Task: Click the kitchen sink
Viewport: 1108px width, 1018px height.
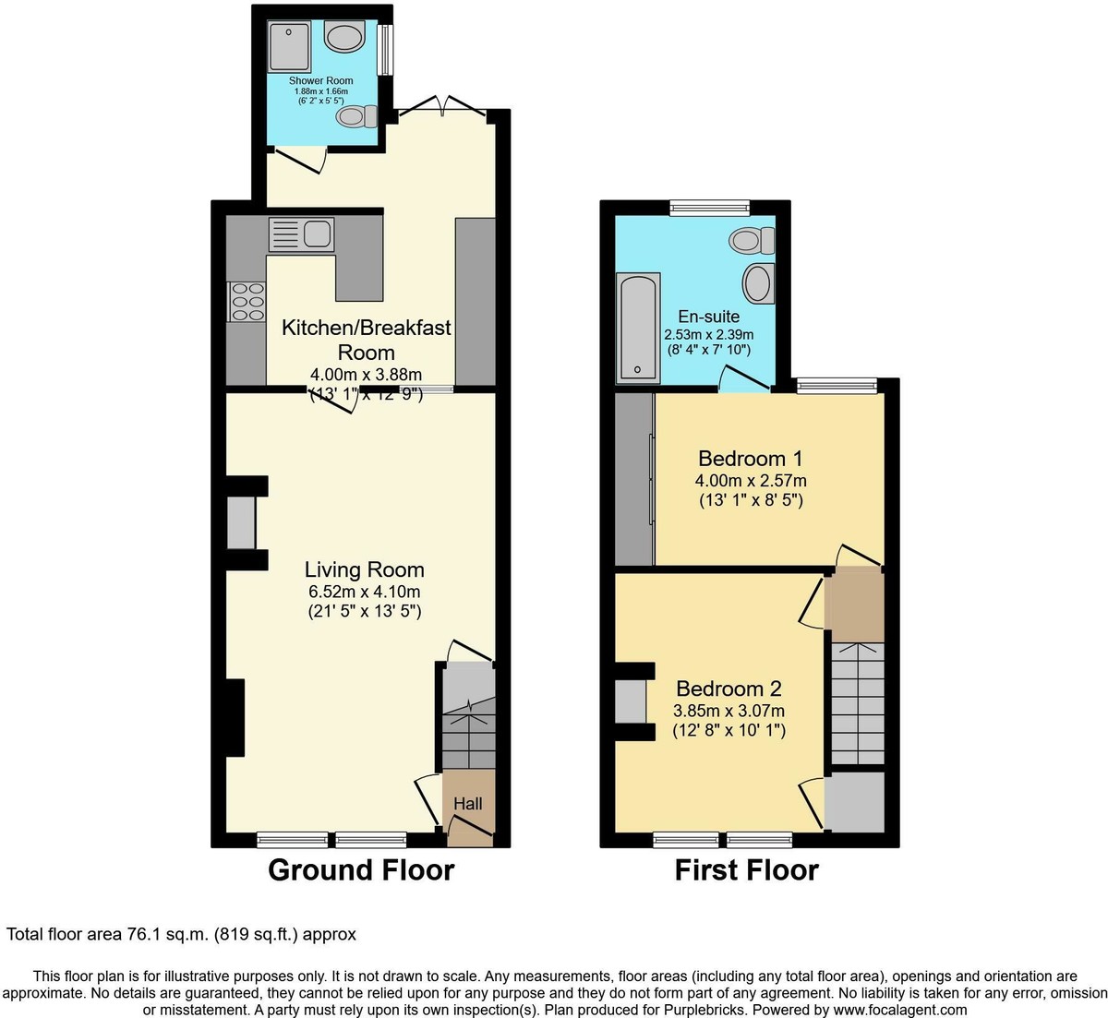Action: pyautogui.click(x=301, y=234)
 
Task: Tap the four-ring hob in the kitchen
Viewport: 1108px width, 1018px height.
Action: pyautogui.click(x=247, y=302)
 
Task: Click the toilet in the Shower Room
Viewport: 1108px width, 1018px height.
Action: pyautogui.click(x=356, y=116)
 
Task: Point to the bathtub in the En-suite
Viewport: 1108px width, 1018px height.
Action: pyautogui.click(x=638, y=327)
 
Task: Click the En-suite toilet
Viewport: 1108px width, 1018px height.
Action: pyautogui.click(x=752, y=241)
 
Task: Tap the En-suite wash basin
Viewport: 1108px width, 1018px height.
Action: pyautogui.click(x=759, y=282)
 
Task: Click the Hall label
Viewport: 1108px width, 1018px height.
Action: pyautogui.click(x=468, y=804)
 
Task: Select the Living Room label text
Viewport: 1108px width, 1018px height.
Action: pyautogui.click(x=365, y=569)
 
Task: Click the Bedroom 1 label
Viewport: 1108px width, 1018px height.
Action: pyautogui.click(x=750, y=459)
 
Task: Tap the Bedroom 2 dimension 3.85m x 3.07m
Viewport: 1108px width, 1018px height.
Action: pyautogui.click(x=729, y=710)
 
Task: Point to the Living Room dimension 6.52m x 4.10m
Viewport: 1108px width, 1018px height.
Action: pyautogui.click(x=365, y=591)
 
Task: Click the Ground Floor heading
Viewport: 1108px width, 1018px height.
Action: pyautogui.click(x=361, y=869)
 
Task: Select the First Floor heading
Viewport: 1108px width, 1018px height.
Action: pyautogui.click(x=746, y=869)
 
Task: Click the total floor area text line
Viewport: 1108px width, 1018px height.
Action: pyautogui.click(x=181, y=934)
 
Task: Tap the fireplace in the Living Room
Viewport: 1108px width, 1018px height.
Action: pyautogui.click(x=241, y=523)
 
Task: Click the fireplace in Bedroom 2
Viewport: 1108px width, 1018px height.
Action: pyautogui.click(x=631, y=701)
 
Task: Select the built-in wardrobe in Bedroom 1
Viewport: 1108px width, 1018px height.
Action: pyautogui.click(x=634, y=479)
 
